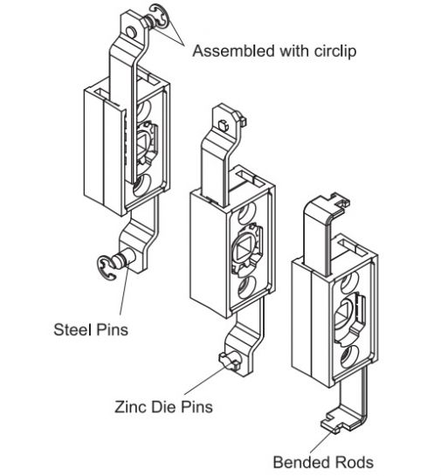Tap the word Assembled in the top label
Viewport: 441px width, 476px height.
pyautogui.click(x=234, y=51)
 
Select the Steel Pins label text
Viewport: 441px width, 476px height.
pyautogui.click(x=91, y=329)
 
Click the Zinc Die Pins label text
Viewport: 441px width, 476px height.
pyautogui.click(x=163, y=406)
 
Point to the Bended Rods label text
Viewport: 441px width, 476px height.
pyautogui.click(x=323, y=462)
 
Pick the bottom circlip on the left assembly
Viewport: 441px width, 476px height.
pyautogui.click(x=107, y=268)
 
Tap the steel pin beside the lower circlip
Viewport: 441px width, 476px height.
pyautogui.click(x=123, y=260)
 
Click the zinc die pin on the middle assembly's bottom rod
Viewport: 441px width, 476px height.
pyautogui.click(x=230, y=361)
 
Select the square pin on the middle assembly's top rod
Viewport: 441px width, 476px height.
pyautogui.click(x=223, y=125)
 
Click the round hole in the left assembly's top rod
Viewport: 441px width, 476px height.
pyautogui.click(x=131, y=31)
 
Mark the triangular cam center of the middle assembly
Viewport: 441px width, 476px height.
pyautogui.click(x=243, y=248)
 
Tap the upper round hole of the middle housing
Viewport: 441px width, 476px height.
pyautogui.click(x=246, y=213)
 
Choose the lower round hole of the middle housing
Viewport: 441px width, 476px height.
pyautogui.click(x=246, y=287)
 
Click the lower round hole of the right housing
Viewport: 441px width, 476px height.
pyautogui.click(x=349, y=357)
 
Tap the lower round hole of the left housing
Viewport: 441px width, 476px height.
pyautogui.click(x=141, y=186)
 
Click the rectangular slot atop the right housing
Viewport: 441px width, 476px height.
pyautogui.click(x=353, y=247)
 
